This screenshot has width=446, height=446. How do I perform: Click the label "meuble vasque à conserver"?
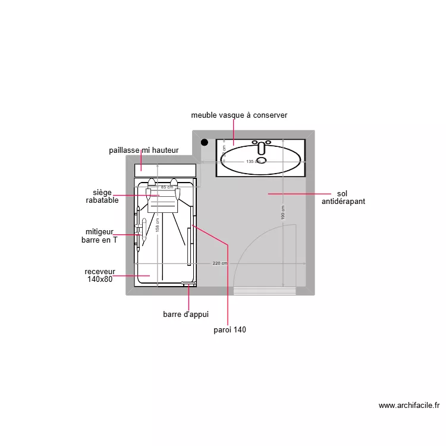239,115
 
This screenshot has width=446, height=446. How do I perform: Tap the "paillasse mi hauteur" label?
143,150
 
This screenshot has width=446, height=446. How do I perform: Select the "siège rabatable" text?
102,196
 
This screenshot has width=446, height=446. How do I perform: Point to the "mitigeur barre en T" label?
99,236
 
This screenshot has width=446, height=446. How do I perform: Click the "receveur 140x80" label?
99,275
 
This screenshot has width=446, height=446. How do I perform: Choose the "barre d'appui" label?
186,315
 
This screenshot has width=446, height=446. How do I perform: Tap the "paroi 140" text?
230,330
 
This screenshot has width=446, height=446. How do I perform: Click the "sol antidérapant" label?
343,197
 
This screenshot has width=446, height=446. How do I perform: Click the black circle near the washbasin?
205,143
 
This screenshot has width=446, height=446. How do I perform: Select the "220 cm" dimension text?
220,263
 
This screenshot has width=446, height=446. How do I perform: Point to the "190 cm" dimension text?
282,212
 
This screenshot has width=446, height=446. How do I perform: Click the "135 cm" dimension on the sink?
254,162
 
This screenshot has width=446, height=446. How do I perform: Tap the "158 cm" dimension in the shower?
157,224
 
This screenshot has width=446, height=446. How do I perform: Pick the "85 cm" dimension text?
167,187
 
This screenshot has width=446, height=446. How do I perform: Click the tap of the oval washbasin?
261,147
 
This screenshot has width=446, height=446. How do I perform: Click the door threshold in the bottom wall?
265,291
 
